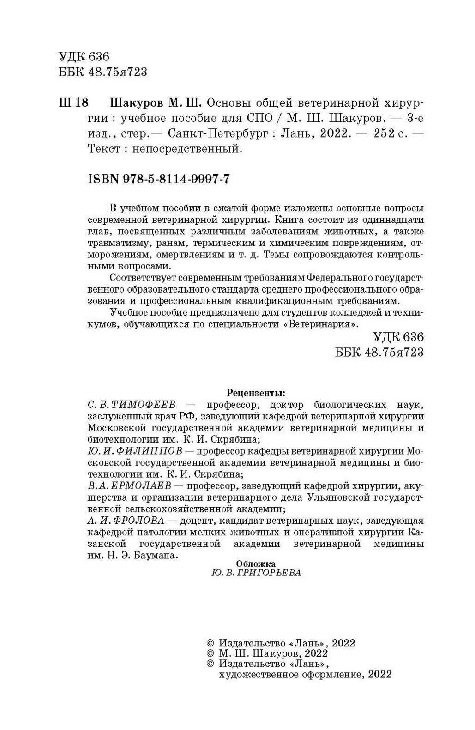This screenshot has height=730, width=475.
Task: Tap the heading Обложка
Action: [256, 563]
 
